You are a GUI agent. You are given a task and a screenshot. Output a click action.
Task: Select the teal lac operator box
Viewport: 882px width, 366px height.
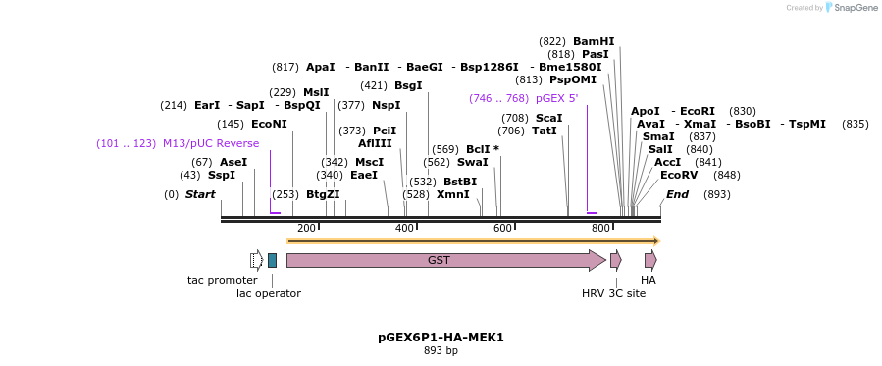click(272, 260)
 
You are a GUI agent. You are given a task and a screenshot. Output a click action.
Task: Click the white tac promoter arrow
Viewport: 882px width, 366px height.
click(256, 260)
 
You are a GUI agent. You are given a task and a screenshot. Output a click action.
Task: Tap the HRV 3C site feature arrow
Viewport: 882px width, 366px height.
click(615, 260)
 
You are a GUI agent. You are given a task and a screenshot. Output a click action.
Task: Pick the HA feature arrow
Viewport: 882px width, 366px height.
click(649, 260)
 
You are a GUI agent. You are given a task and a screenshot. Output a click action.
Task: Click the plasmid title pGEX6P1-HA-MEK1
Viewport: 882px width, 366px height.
click(441, 337)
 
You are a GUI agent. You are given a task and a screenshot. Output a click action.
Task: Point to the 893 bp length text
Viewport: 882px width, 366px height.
click(441, 350)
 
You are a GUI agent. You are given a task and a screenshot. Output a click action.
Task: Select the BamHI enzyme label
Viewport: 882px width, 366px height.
click(594, 41)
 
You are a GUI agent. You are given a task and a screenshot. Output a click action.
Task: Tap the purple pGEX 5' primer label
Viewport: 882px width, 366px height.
click(556, 98)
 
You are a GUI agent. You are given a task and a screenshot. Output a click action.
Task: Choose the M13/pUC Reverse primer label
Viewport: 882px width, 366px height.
click(211, 143)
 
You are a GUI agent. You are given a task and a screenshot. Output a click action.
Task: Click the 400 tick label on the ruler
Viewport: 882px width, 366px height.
click(404, 228)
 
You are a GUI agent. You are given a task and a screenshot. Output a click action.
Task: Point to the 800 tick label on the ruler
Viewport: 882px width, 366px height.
click(600, 228)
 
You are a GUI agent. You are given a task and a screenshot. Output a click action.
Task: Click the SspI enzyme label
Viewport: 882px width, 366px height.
click(222, 175)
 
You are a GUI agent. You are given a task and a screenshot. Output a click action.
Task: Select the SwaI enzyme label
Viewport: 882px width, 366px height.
click(472, 162)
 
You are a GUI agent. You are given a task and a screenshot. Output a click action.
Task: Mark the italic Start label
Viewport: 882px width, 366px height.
click(200, 194)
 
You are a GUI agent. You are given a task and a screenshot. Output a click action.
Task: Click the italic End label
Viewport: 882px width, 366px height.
click(677, 194)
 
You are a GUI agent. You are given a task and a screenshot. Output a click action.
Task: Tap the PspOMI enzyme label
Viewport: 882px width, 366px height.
click(572, 79)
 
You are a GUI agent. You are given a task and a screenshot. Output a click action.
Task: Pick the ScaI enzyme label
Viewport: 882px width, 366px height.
click(548, 118)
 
